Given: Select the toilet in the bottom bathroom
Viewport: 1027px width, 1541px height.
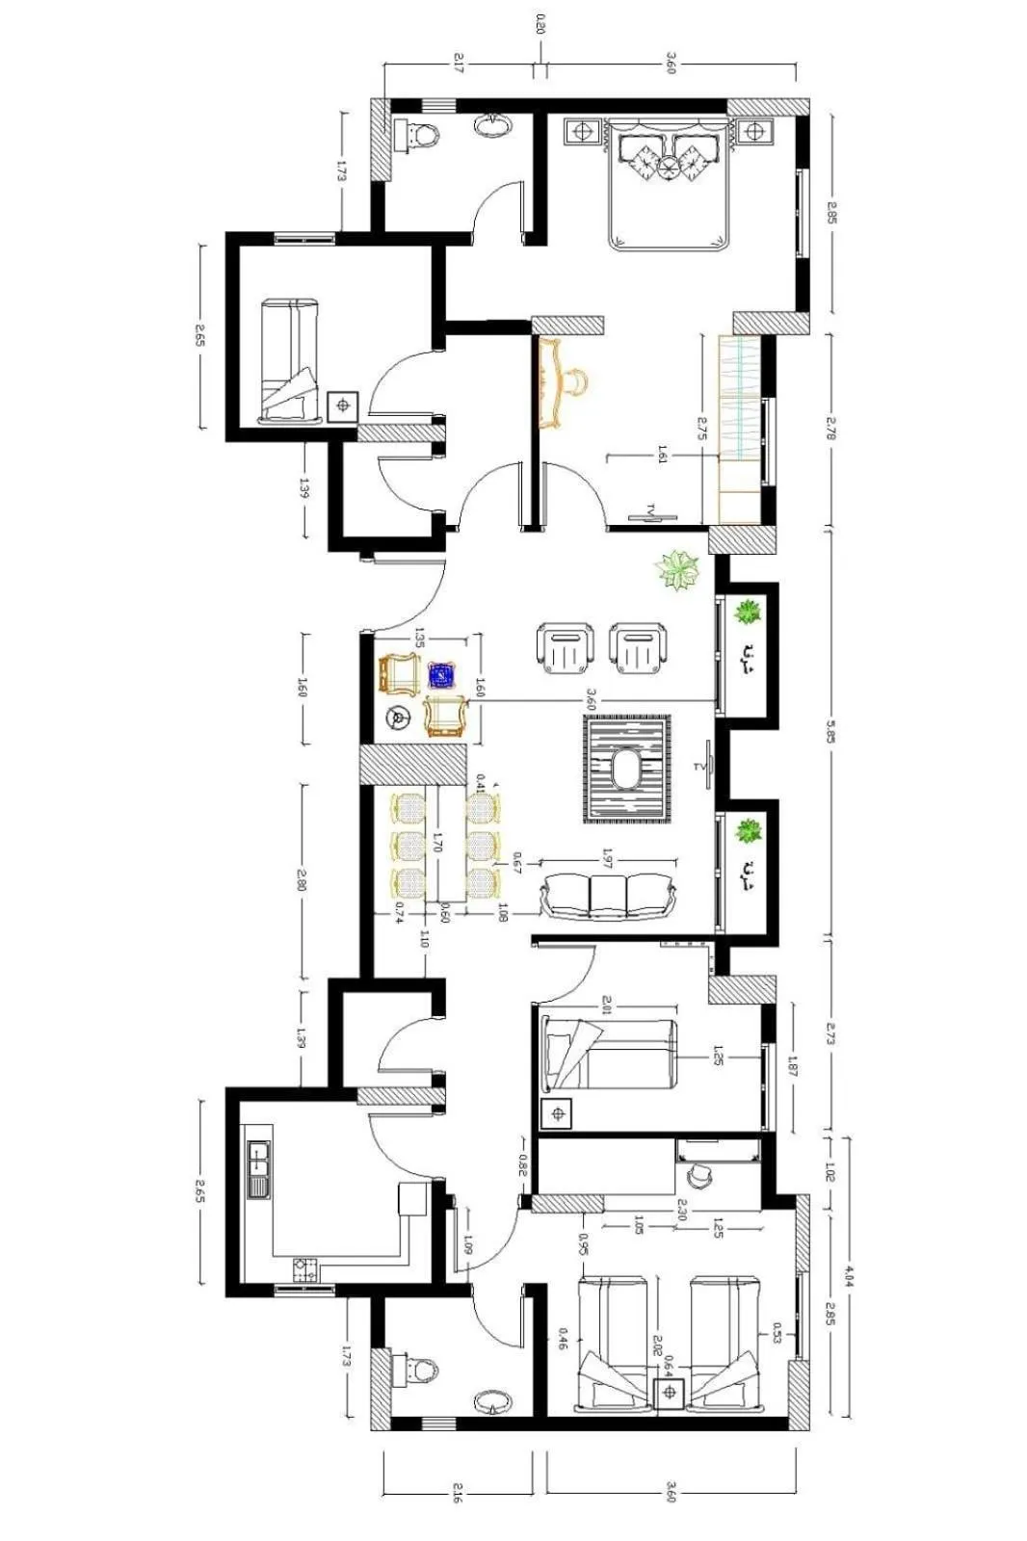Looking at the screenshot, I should click(420, 1369).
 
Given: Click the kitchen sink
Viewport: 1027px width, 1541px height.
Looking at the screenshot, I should click(257, 1168).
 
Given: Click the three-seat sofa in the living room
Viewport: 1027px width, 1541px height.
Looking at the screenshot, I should click(607, 895).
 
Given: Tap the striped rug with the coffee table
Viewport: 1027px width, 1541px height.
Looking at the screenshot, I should click(627, 770).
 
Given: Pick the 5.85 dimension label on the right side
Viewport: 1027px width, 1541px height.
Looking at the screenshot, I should click(829, 733).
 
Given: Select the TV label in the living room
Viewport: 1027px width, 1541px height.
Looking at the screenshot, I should click(699, 767).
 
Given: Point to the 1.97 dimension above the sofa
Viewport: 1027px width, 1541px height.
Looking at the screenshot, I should click(607, 854).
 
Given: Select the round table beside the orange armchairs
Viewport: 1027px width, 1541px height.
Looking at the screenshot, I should click(396, 717).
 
